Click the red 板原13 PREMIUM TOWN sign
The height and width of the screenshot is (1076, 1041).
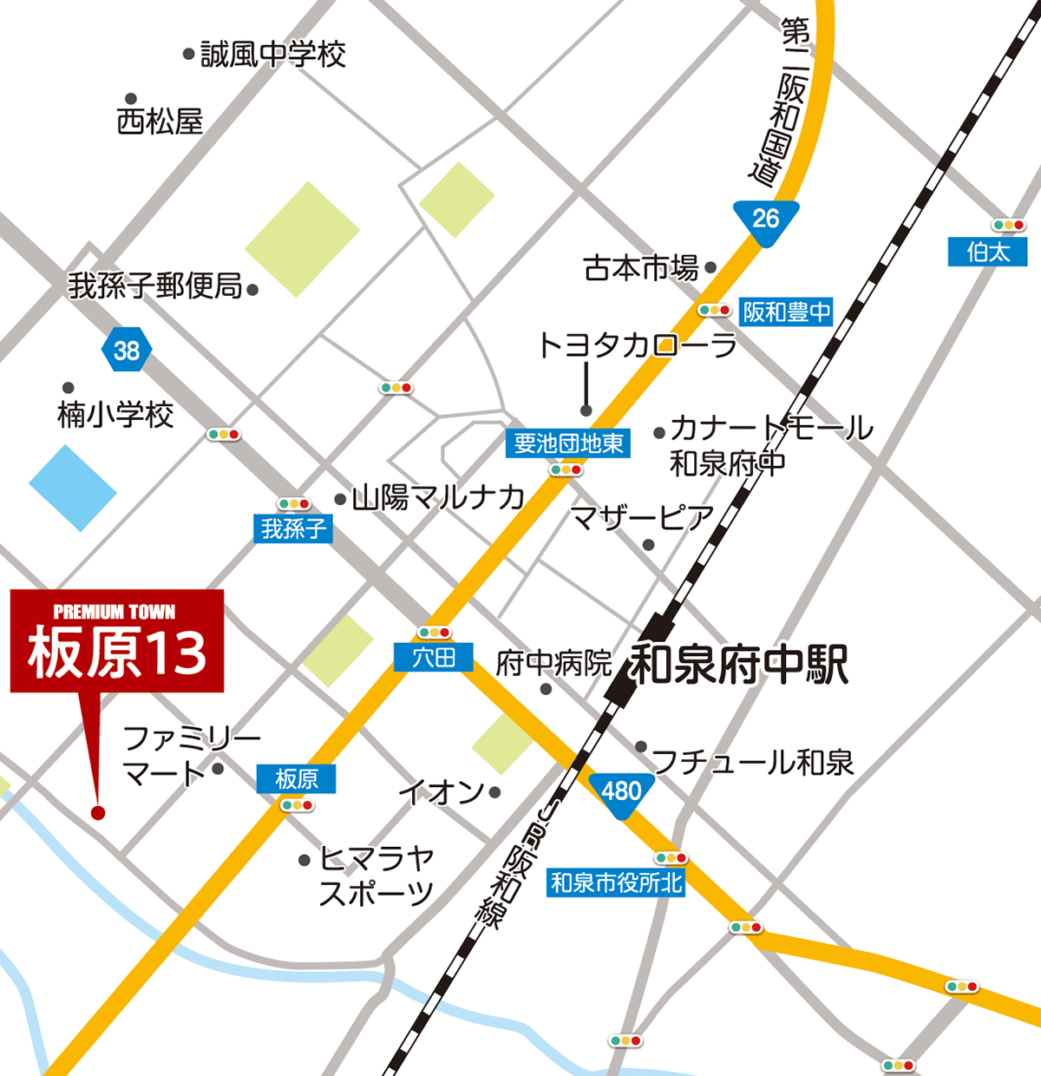pos(117,640)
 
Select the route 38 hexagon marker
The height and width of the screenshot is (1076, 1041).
pos(127,351)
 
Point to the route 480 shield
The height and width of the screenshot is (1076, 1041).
pos(621,793)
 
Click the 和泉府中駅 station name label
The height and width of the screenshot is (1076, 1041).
pos(738,665)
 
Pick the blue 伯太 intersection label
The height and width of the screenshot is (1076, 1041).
pos(988,252)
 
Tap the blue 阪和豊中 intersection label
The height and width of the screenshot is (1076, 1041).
pos(786,312)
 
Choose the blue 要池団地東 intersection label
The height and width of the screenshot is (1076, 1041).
pos(568,443)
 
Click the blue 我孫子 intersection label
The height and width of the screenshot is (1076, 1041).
pos(293,528)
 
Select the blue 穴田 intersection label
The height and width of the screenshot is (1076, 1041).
pos(433,657)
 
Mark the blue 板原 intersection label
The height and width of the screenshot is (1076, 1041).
pos(296,778)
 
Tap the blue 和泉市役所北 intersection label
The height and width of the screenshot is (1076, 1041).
pos(617,882)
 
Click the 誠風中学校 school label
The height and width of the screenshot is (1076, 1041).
pos(272,55)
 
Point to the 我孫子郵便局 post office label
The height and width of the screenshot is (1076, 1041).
pos(156,285)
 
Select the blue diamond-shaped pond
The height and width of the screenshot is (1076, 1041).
pos(73,488)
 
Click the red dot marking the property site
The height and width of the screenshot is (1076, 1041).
pos(97,813)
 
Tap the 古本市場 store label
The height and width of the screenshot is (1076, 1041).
pos(641,268)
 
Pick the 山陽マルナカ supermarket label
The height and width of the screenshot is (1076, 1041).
pos(438,497)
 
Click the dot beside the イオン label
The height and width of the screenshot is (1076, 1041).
pos(494,792)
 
